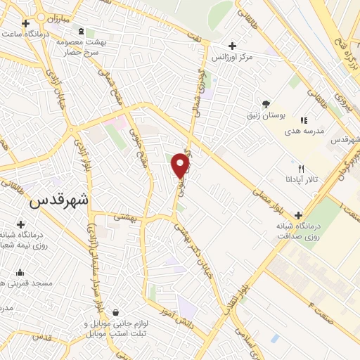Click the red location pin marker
tap(181, 166)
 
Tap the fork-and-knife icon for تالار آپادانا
tap(302, 169)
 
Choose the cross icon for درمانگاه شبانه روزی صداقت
tap(299, 215)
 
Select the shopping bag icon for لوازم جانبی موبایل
tap(115, 313)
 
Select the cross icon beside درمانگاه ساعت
tap(25, 23)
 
